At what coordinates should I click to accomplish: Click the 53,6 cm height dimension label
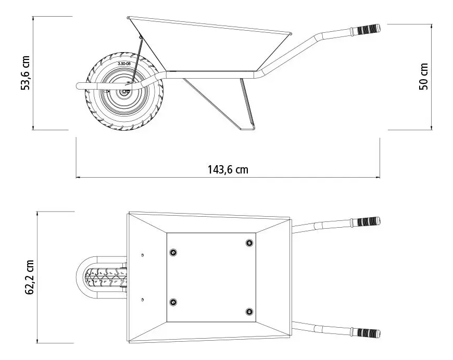(26, 73)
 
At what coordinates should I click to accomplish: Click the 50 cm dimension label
(423, 77)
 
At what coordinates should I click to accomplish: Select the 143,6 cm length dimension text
(228, 169)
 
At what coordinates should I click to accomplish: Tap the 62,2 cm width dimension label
(30, 277)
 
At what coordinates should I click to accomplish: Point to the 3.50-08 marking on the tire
(124, 64)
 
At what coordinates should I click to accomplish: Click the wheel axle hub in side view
(125, 92)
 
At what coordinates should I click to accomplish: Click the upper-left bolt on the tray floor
(173, 253)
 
